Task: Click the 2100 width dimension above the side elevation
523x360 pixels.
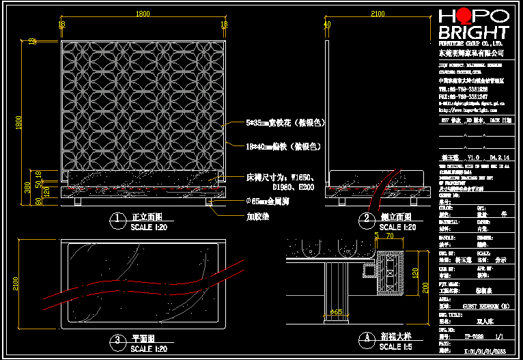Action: (x=378, y=14)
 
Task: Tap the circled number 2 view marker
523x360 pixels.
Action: (x=366, y=219)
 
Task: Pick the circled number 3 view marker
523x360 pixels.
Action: (x=117, y=338)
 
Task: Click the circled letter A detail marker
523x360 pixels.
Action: (x=366, y=337)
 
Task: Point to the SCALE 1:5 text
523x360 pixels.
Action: (x=400, y=346)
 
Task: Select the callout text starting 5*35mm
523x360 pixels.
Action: (x=285, y=124)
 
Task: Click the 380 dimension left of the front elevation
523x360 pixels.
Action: (x=27, y=186)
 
